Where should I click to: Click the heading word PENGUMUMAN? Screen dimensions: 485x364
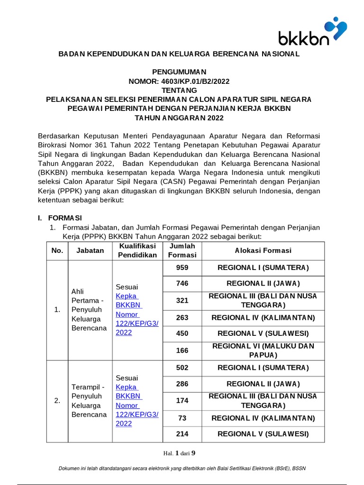pos(179,72)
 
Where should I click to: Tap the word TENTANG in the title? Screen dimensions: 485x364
pos(179,90)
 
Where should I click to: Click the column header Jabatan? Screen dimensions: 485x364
pos(90,251)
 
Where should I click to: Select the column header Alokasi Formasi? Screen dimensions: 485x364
pos(263,251)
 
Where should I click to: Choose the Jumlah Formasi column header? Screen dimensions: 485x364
pos(182,251)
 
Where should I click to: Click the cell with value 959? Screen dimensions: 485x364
pos(182,268)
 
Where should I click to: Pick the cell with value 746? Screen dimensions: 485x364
pos(182,284)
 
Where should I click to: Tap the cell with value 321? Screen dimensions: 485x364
pos(182,300)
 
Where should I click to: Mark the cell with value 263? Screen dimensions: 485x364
pos(182,317)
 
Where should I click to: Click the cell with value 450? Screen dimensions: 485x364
pos(182,333)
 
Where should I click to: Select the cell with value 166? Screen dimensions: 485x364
pos(182,350)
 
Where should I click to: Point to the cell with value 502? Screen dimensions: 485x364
pos(182,368)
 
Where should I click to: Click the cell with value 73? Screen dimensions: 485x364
pos(182,418)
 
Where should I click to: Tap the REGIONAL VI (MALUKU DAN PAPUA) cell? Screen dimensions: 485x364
pos(263,350)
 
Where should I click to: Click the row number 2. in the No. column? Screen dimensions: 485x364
pos(57,401)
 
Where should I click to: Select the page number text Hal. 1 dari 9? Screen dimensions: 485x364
pos(179,453)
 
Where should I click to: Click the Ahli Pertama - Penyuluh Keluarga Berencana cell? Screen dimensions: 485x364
pos(89,310)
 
